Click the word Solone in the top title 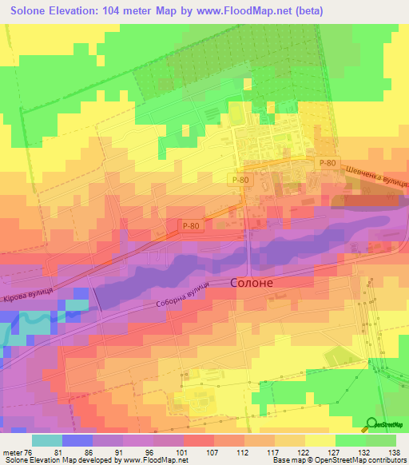pyautogui.click(x=33, y=10)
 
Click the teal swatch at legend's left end pyautogui.click(x=46, y=440)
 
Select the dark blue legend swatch pyautogui.click(x=77, y=440)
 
